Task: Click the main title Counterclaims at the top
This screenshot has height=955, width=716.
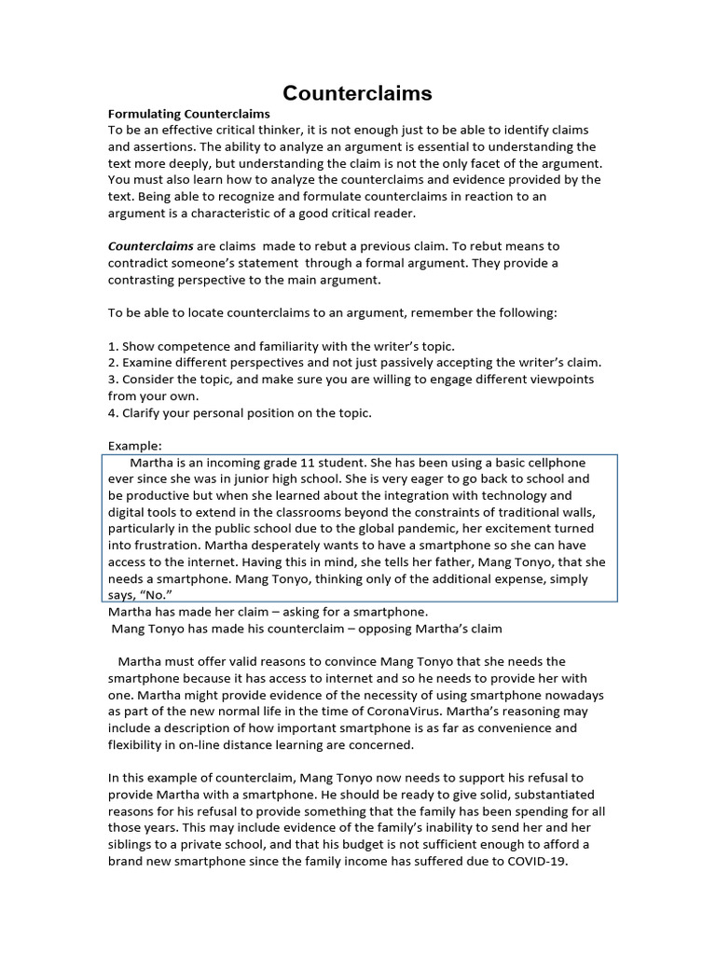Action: click(358, 93)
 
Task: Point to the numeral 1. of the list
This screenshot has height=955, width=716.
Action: click(113, 346)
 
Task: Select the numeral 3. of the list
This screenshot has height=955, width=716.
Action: click(113, 380)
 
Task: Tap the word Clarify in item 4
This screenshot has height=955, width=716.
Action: click(143, 413)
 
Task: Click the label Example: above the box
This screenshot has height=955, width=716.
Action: click(135, 447)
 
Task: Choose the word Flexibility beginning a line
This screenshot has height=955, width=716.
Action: click(137, 745)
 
